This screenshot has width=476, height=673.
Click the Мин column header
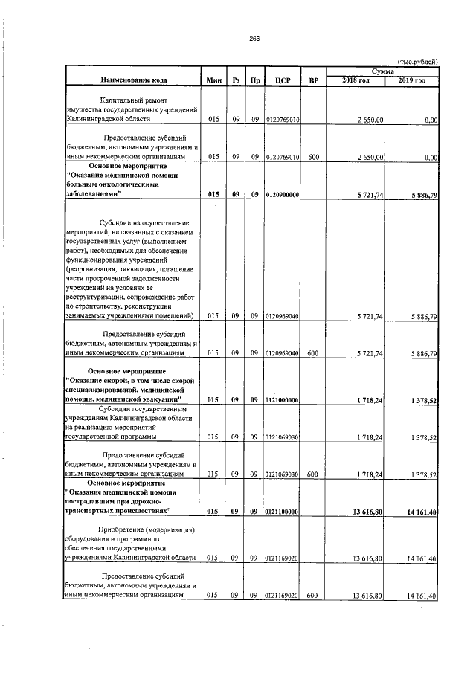click(x=213, y=80)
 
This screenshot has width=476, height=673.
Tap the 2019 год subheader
click(x=412, y=80)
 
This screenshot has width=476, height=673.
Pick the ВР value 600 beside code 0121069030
click(x=313, y=474)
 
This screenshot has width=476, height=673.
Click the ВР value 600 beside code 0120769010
click(x=313, y=157)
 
